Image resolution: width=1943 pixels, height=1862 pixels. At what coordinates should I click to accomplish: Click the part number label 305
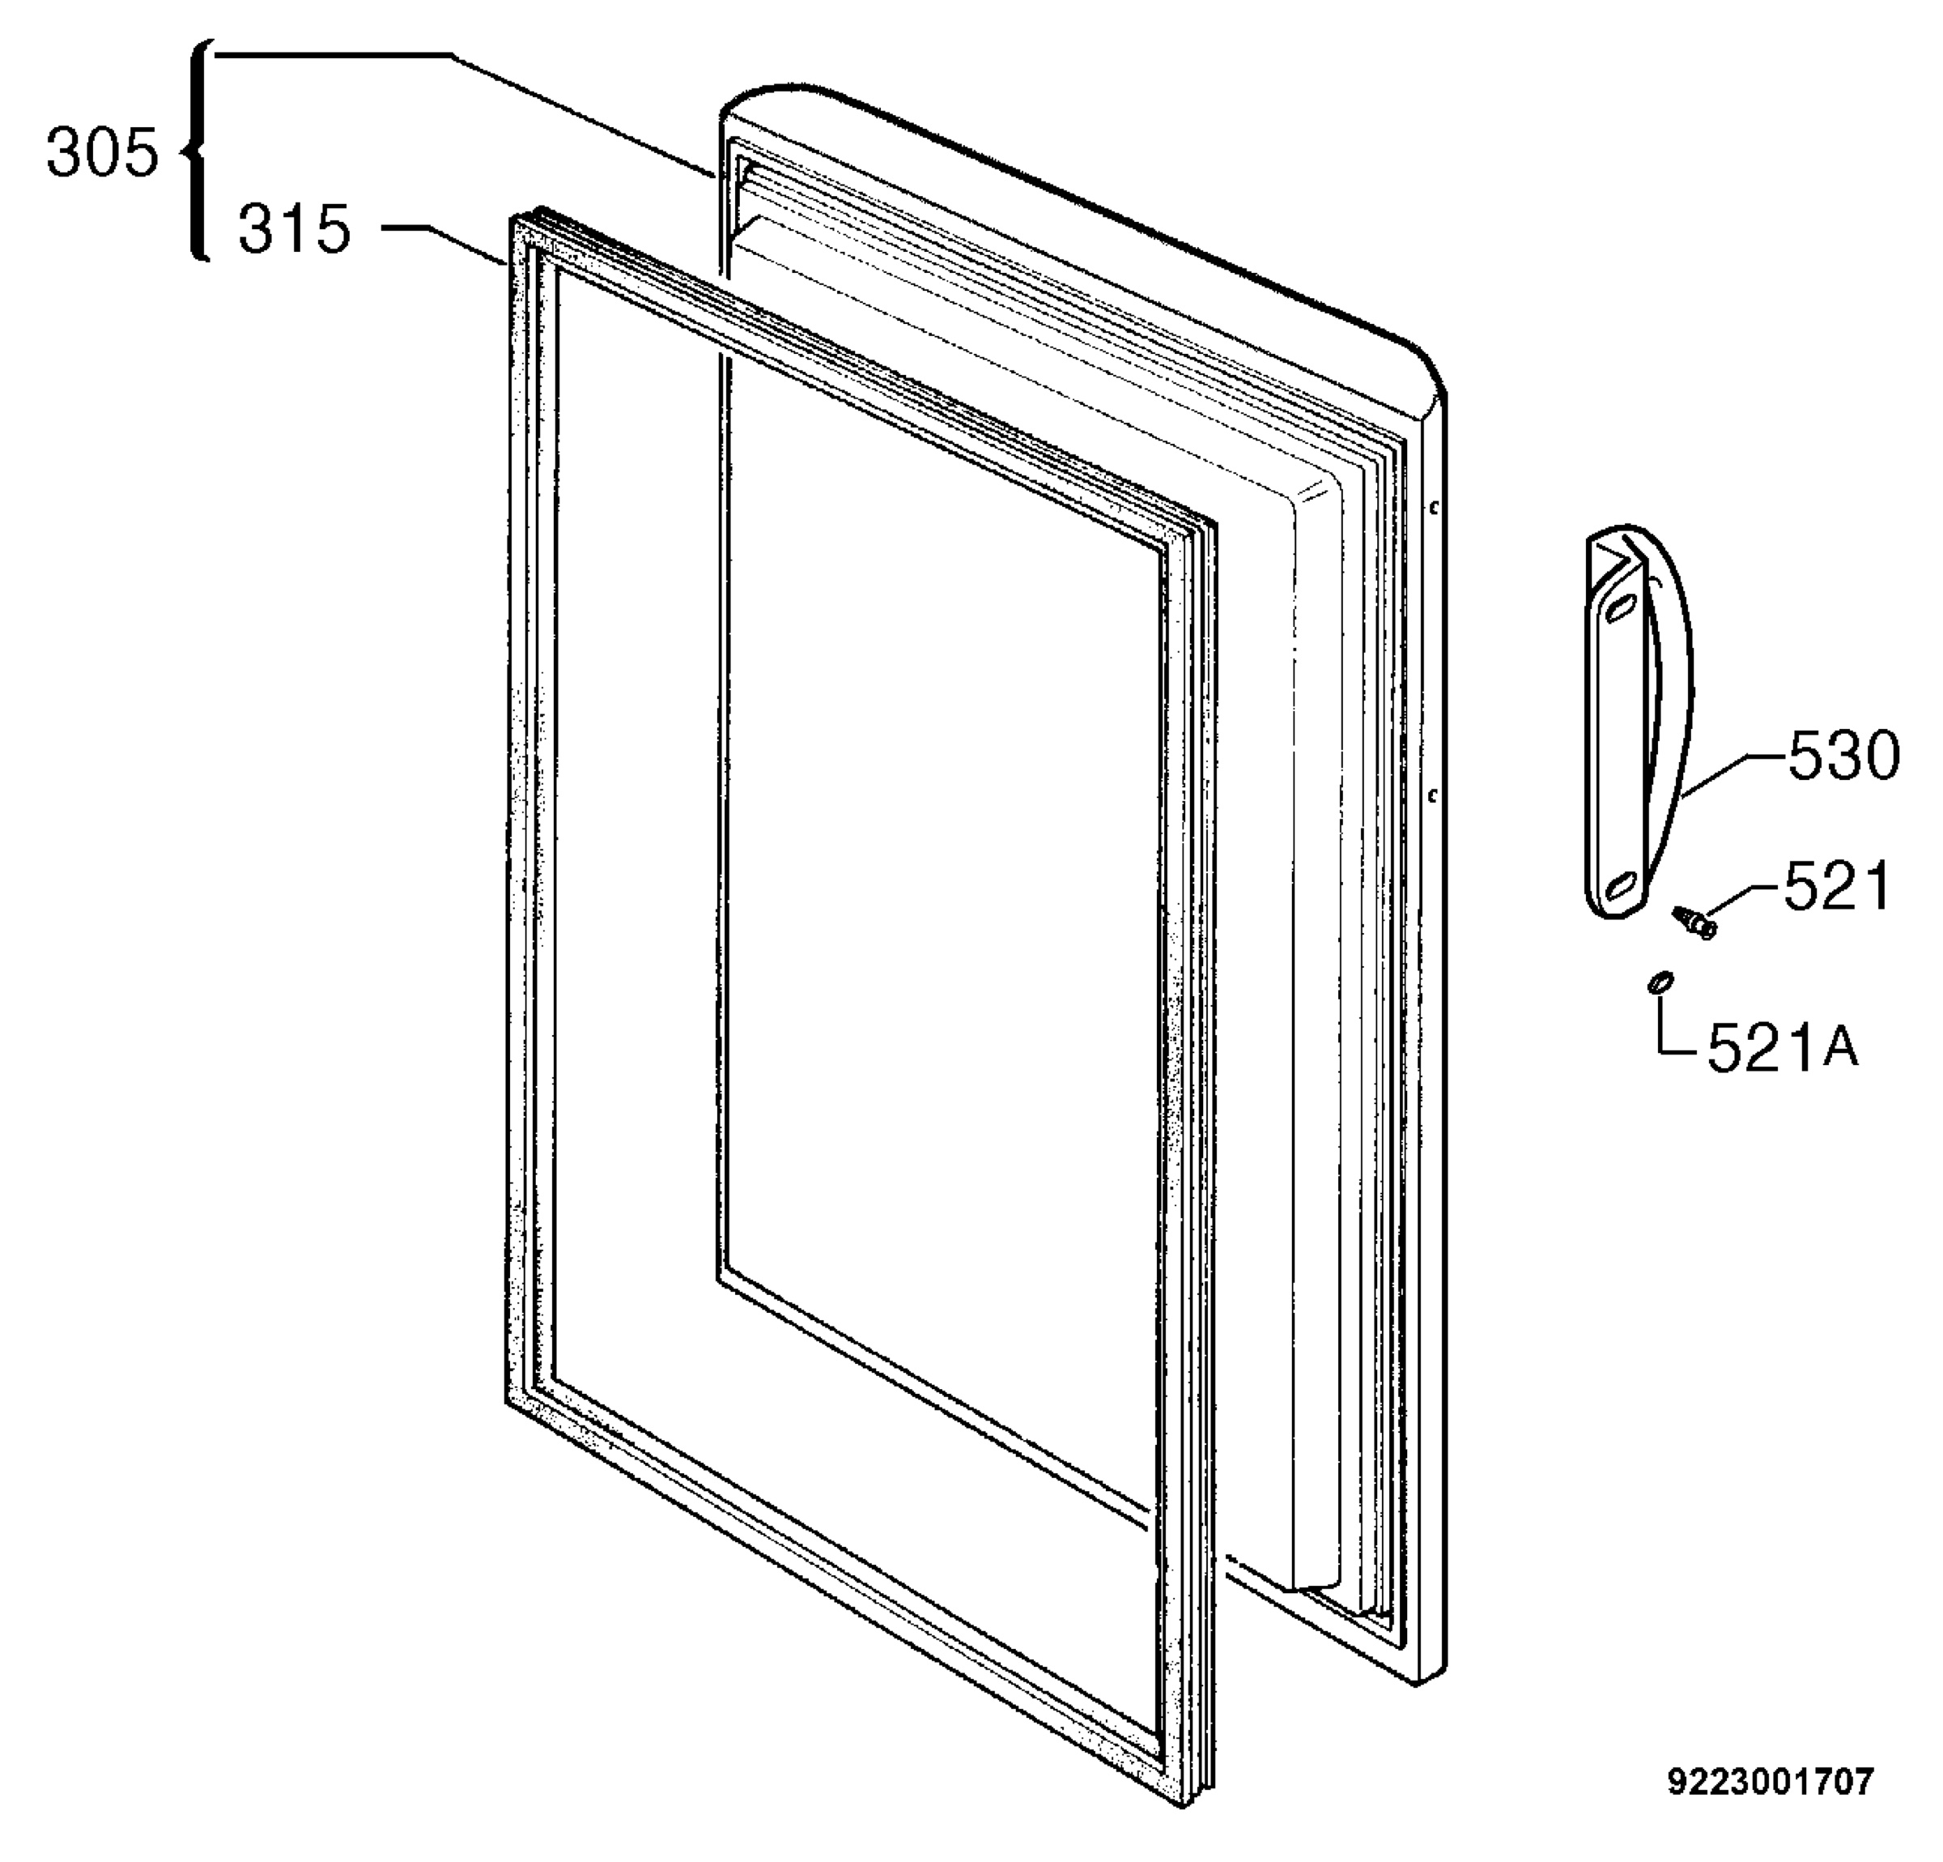(x=102, y=154)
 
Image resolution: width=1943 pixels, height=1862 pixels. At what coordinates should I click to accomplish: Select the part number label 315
(x=295, y=229)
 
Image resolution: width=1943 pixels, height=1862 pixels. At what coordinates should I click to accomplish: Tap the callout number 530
(x=1844, y=756)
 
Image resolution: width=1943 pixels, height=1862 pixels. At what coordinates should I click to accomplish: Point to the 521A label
(x=1783, y=1047)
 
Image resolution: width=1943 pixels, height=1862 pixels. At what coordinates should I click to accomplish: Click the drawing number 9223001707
(x=1771, y=1782)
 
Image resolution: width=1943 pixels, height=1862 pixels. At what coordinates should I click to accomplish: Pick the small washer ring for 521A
(x=1660, y=982)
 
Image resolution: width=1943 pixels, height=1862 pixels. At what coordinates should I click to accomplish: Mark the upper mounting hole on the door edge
(x=1435, y=509)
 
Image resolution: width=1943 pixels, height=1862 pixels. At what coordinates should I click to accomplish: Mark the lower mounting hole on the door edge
(x=1434, y=795)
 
